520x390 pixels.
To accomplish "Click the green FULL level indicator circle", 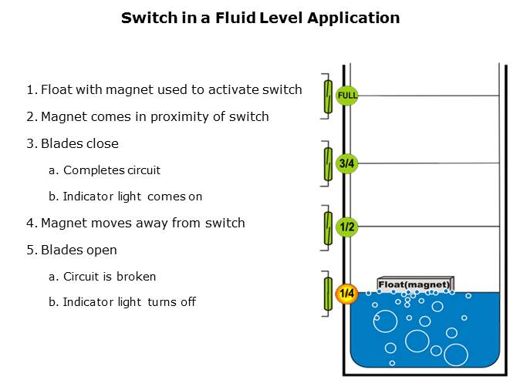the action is click(x=347, y=96).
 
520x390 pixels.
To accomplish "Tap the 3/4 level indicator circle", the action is click(x=347, y=163).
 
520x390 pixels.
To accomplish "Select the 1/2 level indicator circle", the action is click(x=347, y=227).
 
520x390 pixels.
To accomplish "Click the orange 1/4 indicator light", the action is click(x=346, y=293).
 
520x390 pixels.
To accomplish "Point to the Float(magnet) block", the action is click(x=416, y=284).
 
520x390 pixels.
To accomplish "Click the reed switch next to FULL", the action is click(x=328, y=96).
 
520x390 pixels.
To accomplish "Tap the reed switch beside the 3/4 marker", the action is click(x=328, y=163).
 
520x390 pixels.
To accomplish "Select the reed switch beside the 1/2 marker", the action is click(x=328, y=228).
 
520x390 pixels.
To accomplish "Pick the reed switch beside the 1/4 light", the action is click(x=328, y=294).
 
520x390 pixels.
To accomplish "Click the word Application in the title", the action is click(x=353, y=18).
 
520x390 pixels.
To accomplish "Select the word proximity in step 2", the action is click(x=175, y=117).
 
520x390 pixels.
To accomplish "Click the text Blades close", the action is click(x=79, y=143).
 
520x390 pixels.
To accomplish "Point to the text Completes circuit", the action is click(x=112, y=170).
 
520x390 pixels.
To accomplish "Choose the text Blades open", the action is click(x=79, y=250).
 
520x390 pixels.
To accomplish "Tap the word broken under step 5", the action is click(x=136, y=277).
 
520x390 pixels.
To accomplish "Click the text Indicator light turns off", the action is click(x=130, y=302).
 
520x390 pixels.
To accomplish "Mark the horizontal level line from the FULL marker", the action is click(x=428, y=96).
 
